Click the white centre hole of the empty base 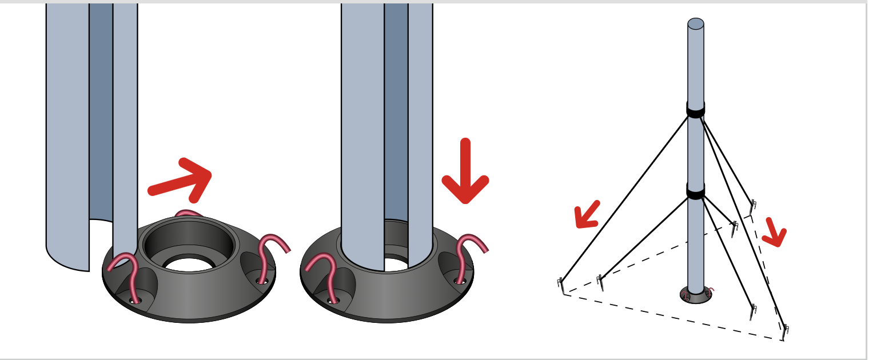tap(189, 265)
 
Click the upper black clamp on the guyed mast tap(696, 109)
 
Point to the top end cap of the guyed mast tap(696, 23)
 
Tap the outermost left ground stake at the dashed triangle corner tap(561, 285)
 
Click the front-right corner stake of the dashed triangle tap(786, 332)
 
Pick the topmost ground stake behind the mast tap(753, 207)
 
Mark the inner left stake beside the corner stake tap(600, 282)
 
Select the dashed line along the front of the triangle tap(675, 318)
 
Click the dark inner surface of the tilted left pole tap(101, 114)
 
